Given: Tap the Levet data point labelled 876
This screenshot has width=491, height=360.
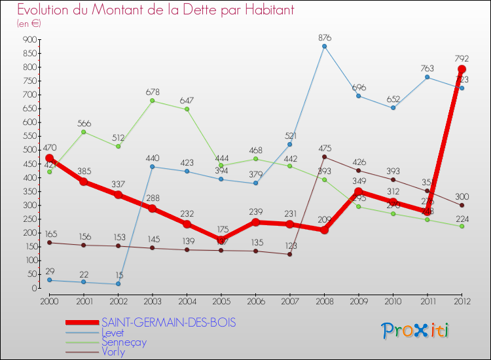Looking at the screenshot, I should click(x=324, y=46).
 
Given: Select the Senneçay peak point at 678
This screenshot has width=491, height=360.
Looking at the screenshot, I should click(x=153, y=101).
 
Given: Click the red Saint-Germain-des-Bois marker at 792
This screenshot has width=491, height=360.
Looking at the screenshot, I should click(x=462, y=69).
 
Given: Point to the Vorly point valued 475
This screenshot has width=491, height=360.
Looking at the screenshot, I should click(x=324, y=156).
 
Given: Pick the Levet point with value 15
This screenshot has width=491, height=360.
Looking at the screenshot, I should click(x=118, y=284).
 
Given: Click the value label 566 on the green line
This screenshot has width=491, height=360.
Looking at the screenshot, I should click(x=84, y=122).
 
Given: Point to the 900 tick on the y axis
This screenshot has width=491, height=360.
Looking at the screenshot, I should click(x=29, y=39).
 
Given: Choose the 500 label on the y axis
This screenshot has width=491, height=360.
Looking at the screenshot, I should click(x=29, y=150).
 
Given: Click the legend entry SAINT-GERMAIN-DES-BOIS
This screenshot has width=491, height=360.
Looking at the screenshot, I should click(x=168, y=323).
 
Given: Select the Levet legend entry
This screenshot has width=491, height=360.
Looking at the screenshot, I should click(x=112, y=333).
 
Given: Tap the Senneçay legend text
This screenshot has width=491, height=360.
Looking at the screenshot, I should click(x=124, y=342).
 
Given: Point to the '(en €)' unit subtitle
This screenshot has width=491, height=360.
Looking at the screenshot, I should click(x=29, y=24).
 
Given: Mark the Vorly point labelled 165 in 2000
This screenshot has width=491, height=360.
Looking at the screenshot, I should click(x=49, y=243).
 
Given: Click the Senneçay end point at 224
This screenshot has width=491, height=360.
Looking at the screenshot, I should click(x=462, y=226).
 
